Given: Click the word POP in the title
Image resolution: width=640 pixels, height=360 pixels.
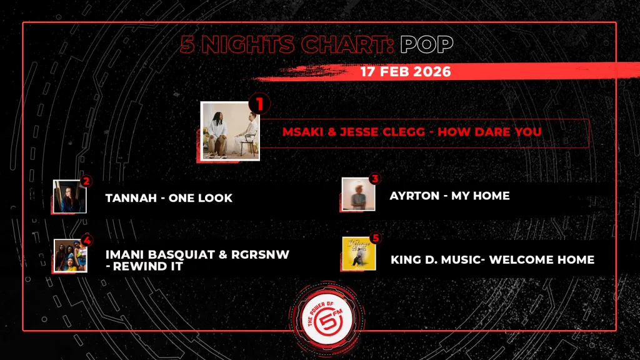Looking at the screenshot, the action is click(426, 44).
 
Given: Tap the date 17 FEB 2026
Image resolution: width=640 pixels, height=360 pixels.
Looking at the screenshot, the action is click(405, 72).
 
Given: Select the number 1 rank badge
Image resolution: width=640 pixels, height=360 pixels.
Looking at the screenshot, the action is click(259, 104).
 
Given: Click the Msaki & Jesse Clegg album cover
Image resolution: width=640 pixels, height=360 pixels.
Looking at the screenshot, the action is click(230, 131).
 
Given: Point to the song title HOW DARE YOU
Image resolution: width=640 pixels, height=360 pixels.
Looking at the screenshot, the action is click(489, 132).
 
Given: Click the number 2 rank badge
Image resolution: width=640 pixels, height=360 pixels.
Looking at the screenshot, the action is click(86, 181).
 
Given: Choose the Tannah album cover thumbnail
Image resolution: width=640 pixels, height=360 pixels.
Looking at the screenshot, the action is click(70, 196).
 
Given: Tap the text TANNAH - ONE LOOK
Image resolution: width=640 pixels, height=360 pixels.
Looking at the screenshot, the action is click(169, 198).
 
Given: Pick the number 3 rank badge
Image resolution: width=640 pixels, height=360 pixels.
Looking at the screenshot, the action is click(375, 179).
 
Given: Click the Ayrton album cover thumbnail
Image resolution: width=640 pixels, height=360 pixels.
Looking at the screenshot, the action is click(358, 194).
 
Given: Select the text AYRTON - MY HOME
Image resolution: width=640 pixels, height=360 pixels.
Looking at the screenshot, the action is click(449, 196).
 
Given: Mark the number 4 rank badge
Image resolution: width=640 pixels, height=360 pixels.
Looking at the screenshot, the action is click(86, 241).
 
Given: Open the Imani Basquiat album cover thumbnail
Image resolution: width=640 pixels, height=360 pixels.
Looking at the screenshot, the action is click(71, 256).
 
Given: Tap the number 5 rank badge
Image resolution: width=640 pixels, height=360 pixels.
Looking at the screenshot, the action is click(376, 238).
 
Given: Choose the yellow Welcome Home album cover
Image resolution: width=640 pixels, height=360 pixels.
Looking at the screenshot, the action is click(359, 254).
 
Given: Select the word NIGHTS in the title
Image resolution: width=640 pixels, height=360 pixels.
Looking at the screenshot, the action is click(247, 44).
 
